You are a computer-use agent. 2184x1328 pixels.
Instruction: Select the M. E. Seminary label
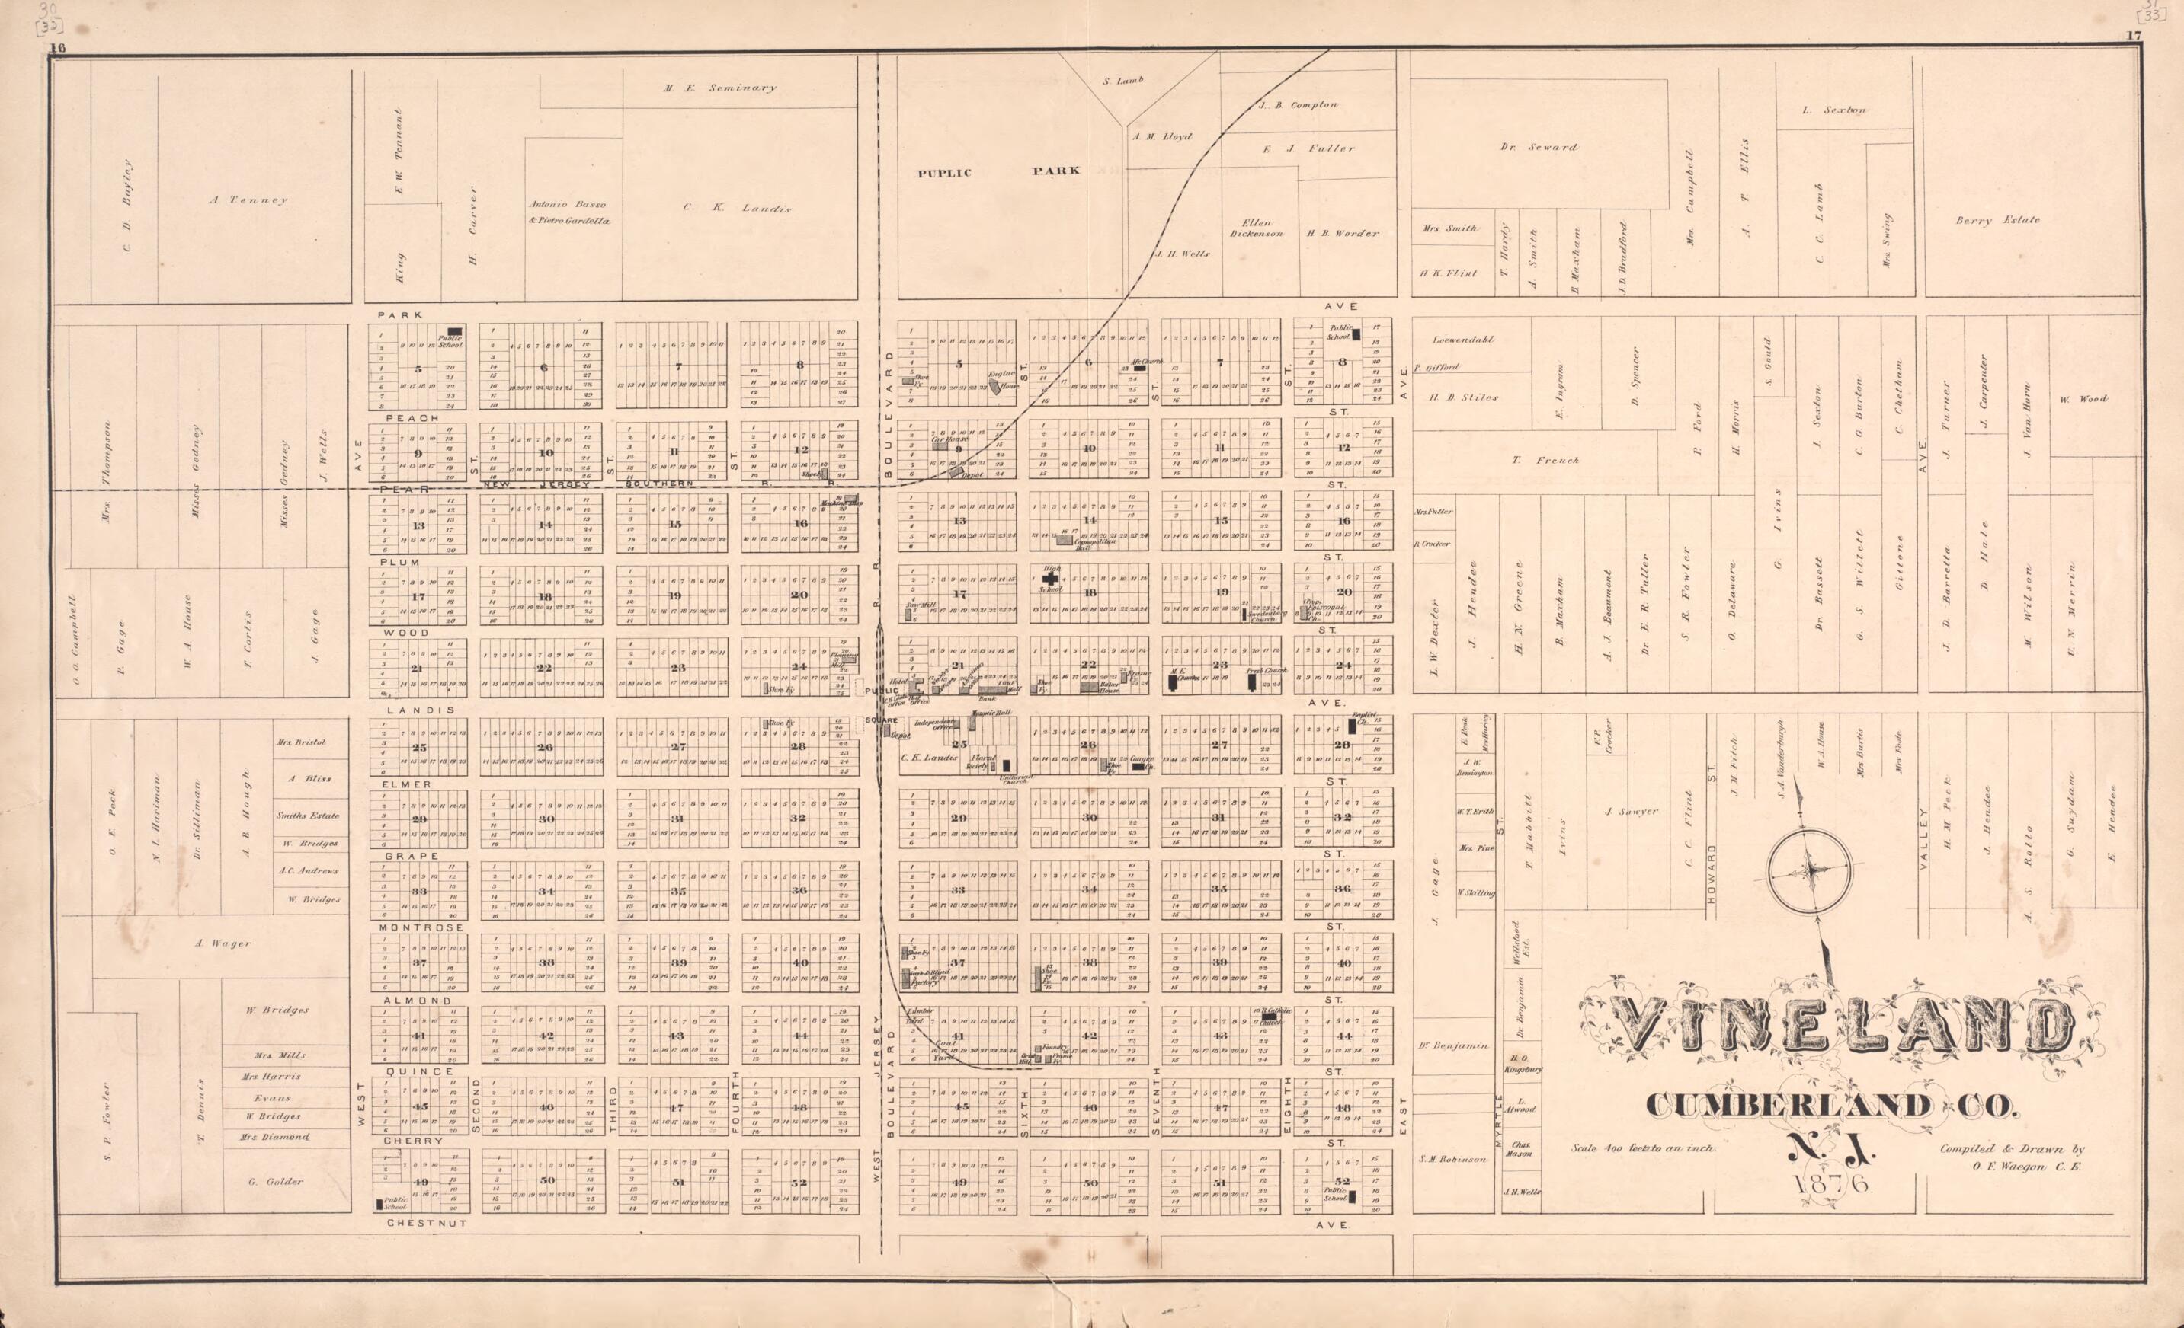click(x=719, y=88)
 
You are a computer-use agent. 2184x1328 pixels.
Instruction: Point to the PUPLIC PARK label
click(x=998, y=172)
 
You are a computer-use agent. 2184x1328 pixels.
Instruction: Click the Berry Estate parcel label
click(x=1998, y=220)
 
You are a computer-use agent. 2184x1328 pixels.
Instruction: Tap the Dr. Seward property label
click(x=1538, y=147)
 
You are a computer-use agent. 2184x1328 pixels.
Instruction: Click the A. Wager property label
click(x=223, y=943)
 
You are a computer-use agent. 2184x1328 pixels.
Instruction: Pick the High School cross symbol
click(x=1049, y=576)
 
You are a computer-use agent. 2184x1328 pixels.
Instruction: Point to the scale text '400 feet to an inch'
click(x=1645, y=1148)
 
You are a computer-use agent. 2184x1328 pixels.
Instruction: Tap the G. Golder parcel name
click(x=276, y=1181)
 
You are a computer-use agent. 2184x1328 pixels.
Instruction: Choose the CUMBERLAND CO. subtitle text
click(x=1831, y=1105)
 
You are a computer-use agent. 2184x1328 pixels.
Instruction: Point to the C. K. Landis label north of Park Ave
click(x=737, y=208)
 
